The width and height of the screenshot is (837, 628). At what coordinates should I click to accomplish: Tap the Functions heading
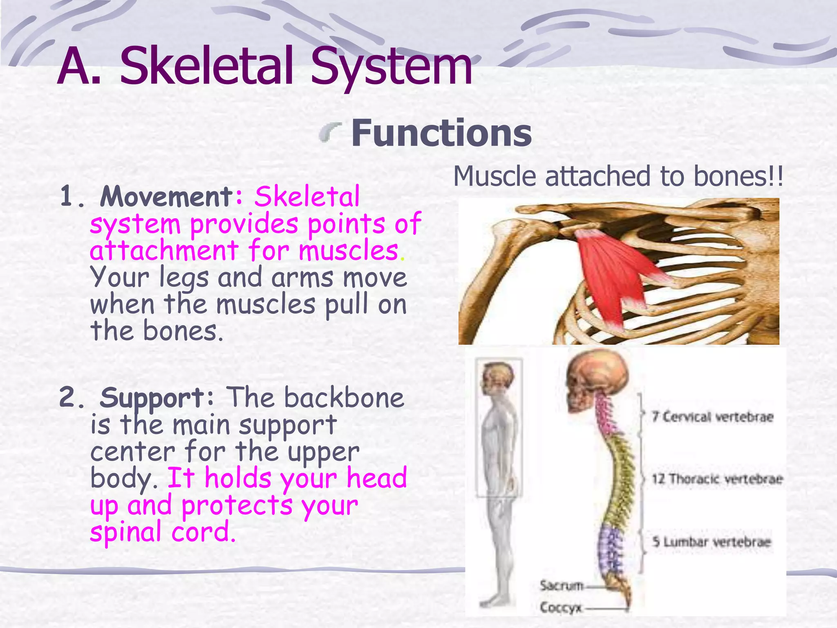[441, 133]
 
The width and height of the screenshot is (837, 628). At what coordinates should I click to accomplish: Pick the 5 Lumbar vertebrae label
[711, 542]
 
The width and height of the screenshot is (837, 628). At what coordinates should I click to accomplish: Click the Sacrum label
[561, 585]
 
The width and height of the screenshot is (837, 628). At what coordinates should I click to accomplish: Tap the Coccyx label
[560, 608]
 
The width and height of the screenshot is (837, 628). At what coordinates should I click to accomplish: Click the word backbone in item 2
[344, 397]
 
